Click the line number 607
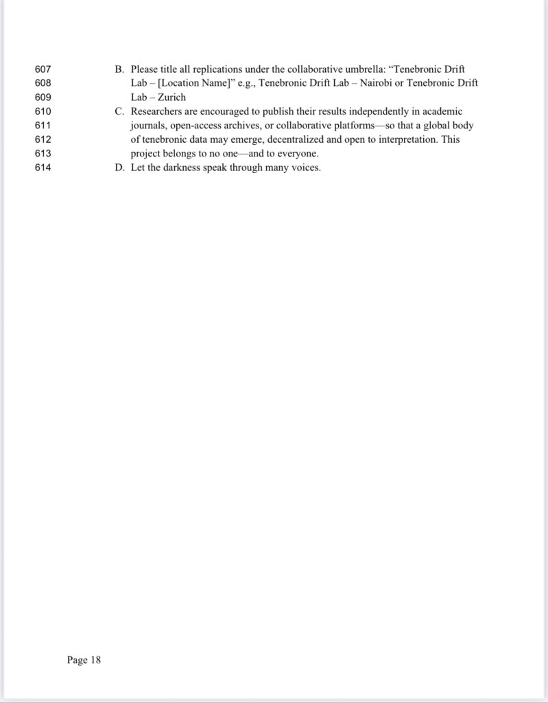[x=43, y=69]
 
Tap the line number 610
[x=43, y=111]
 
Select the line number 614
[x=43, y=168]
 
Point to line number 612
[x=43, y=139]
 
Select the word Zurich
[x=171, y=97]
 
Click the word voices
[x=305, y=168]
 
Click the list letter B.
[x=118, y=69]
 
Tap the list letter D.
[x=118, y=168]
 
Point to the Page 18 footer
[x=84, y=660]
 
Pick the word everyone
[x=296, y=154]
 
